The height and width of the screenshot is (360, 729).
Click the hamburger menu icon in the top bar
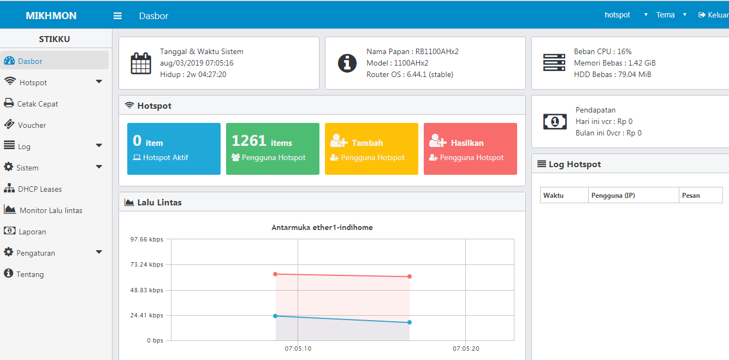(x=117, y=16)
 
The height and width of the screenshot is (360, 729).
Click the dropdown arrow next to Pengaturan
(x=99, y=252)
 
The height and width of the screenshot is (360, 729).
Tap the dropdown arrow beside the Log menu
(x=99, y=145)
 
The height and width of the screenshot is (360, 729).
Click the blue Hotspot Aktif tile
(x=174, y=149)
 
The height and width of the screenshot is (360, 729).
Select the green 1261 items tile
(x=272, y=149)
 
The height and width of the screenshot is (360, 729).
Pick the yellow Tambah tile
(x=371, y=149)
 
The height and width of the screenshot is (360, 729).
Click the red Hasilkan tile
(x=470, y=149)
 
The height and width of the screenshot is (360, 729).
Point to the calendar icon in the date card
(x=141, y=63)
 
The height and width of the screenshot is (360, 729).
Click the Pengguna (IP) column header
(x=613, y=196)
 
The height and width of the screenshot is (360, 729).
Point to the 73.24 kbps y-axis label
(x=147, y=264)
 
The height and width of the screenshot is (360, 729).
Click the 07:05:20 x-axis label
(x=466, y=349)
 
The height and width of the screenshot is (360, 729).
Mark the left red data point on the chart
(x=275, y=274)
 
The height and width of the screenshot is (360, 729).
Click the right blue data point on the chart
(x=410, y=322)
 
